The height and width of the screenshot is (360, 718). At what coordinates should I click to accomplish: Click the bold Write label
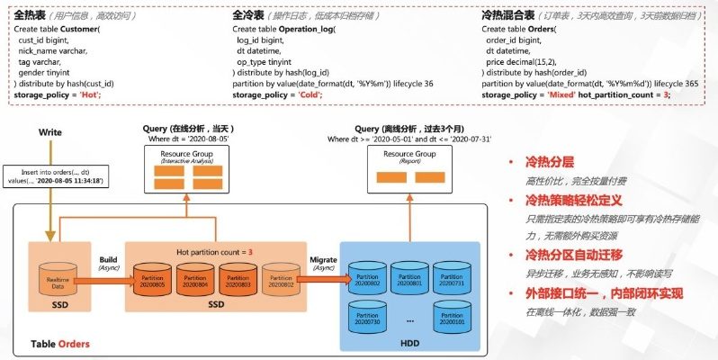(50, 132)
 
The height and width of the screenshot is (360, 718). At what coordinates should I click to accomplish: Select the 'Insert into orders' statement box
(58, 175)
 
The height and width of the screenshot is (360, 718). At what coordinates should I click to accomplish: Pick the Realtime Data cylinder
(58, 282)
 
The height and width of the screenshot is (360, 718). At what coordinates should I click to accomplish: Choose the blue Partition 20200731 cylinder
(453, 280)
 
